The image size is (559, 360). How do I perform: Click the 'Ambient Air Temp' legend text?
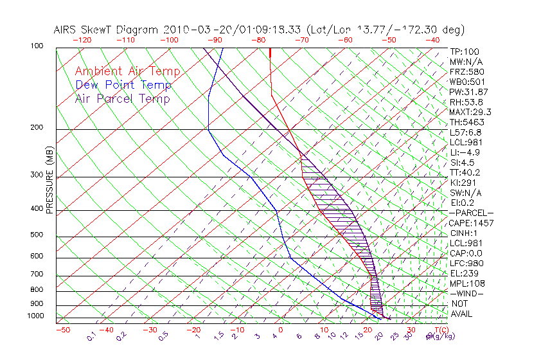coord(127,71)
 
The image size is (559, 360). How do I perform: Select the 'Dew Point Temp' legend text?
coord(123,85)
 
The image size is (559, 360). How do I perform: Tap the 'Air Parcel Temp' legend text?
coord(122,98)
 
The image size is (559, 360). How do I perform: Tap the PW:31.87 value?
coord(468,92)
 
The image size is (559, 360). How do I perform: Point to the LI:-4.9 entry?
coord(465,152)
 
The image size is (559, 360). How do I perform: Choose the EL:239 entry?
coord(463,273)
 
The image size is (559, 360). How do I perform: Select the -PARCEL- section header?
coord(471,213)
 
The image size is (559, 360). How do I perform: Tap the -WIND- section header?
coord(467,293)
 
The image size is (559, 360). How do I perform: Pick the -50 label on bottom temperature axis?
coord(62,330)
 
